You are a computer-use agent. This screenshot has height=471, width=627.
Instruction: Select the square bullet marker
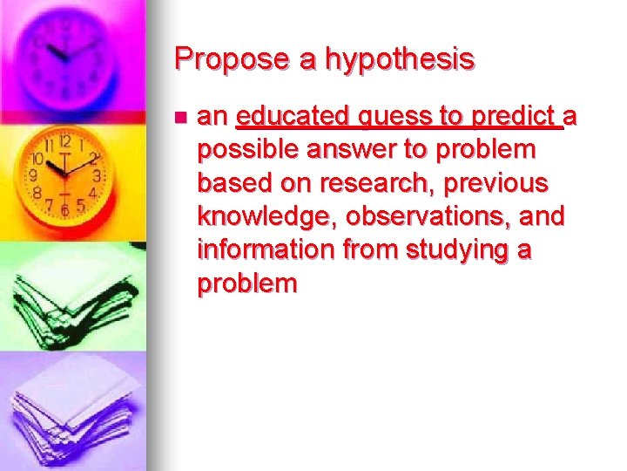[179, 116]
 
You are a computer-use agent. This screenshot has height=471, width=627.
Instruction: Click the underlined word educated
[292, 116]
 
